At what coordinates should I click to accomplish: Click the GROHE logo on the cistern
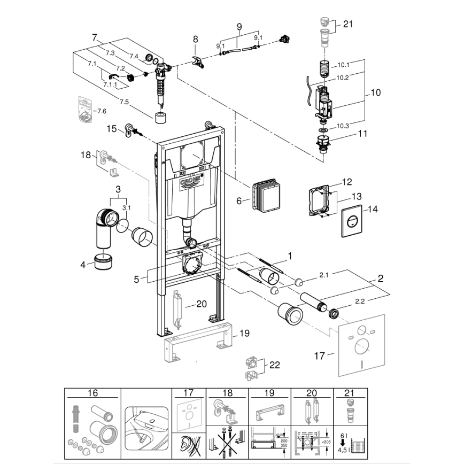coord(191,181)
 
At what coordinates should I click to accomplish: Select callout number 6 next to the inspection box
coord(240,200)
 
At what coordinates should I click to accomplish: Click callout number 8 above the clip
coord(195,39)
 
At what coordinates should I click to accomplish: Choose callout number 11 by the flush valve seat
coord(362,133)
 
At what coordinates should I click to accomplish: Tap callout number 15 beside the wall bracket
coord(111,128)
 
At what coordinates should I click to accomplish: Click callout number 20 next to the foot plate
coord(201,304)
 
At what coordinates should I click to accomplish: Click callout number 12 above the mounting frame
coord(347,182)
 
